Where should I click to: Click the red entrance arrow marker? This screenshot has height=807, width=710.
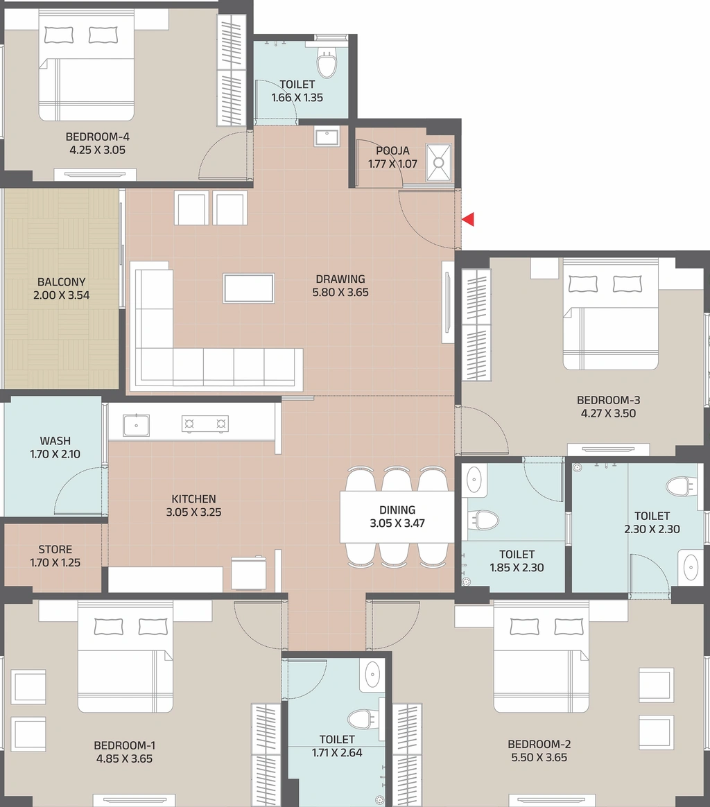pos(468,220)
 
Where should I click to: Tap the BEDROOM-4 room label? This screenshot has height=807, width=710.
pos(97,137)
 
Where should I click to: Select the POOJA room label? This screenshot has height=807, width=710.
pos(393,151)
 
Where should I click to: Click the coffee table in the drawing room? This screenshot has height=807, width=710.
pos(249,288)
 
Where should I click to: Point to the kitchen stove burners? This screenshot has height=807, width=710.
pos(205,424)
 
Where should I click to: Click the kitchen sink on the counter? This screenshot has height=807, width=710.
pos(136,425)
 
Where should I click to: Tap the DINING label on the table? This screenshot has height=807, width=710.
pos(397,510)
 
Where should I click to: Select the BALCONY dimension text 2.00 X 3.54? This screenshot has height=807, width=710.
pos(61,295)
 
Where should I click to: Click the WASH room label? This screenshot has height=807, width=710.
pos(55,441)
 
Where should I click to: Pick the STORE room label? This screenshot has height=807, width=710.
pos(55,550)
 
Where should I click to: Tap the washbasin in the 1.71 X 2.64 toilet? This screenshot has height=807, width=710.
pos(372,675)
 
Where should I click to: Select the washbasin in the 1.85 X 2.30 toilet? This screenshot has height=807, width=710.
pos(473,480)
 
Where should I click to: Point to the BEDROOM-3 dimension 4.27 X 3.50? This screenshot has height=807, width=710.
pos(608,413)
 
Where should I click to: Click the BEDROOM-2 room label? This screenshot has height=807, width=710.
pos(539,744)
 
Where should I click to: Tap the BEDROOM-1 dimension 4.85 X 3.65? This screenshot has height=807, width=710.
pos(124,758)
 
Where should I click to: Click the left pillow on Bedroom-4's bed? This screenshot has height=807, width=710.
pos(59,35)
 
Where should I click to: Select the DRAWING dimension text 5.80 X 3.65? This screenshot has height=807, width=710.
pos(340,293)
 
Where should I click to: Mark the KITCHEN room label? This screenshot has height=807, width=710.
pos(193,498)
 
